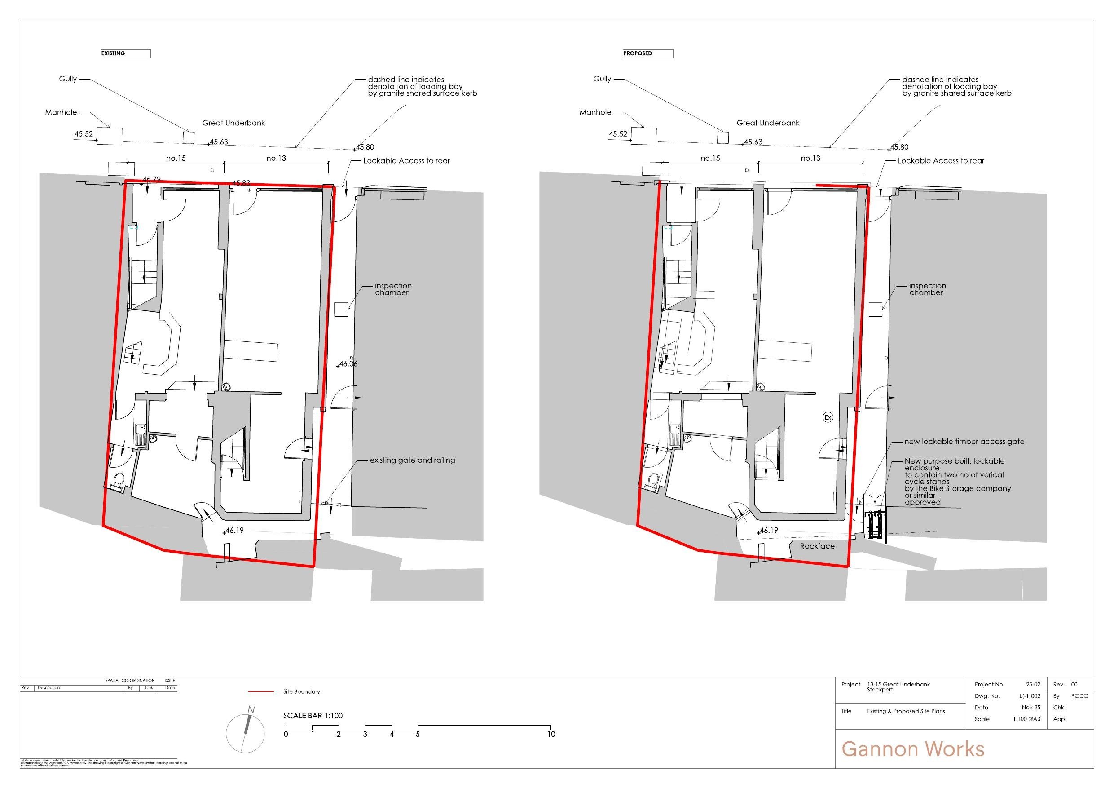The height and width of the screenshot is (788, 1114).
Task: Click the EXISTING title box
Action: click(x=125, y=53)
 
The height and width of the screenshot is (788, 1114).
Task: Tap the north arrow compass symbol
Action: click(x=246, y=730)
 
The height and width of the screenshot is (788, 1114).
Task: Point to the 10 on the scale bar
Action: click(x=551, y=734)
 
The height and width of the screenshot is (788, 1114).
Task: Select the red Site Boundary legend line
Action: click(x=260, y=691)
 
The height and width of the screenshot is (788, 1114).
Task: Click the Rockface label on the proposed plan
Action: click(x=818, y=546)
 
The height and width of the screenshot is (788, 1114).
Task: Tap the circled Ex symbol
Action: click(x=828, y=417)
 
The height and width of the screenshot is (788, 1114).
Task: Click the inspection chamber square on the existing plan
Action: click(x=342, y=309)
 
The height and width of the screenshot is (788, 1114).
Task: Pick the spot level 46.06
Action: click(x=348, y=363)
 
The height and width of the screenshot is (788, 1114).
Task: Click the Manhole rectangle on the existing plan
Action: click(x=109, y=136)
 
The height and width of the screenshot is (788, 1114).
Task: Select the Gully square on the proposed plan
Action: click(x=723, y=137)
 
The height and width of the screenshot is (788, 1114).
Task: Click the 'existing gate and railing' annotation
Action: click(x=412, y=460)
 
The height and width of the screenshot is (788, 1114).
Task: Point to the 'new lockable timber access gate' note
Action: click(x=964, y=442)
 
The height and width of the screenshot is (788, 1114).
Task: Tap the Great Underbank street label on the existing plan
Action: click(x=233, y=123)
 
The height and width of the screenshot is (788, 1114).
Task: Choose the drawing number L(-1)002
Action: click(x=1030, y=696)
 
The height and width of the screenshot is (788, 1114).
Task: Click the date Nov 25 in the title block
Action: click(x=1031, y=708)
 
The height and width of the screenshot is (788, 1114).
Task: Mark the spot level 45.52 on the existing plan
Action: click(x=84, y=134)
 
